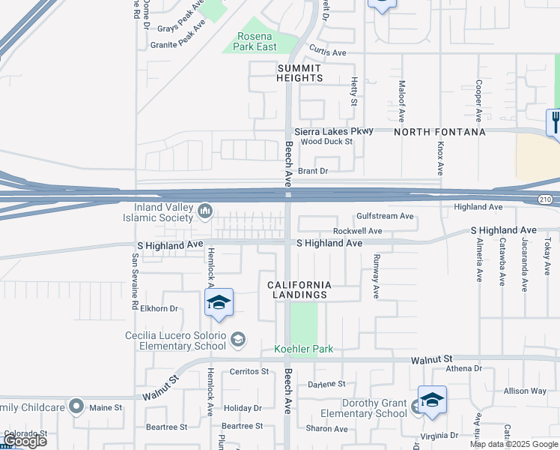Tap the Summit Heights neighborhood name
click(299, 73)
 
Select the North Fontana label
click(439, 132)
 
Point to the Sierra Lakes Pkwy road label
click(333, 131)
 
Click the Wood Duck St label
click(327, 141)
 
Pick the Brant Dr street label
click(313, 171)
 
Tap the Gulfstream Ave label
click(385, 216)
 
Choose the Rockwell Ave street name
click(357, 231)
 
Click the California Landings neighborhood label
click(299, 289)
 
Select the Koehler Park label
click(303, 349)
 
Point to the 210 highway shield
click(545, 199)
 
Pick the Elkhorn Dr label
click(159, 308)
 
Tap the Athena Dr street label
click(464, 368)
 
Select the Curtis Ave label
click(328, 52)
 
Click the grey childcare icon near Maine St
click(76, 406)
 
